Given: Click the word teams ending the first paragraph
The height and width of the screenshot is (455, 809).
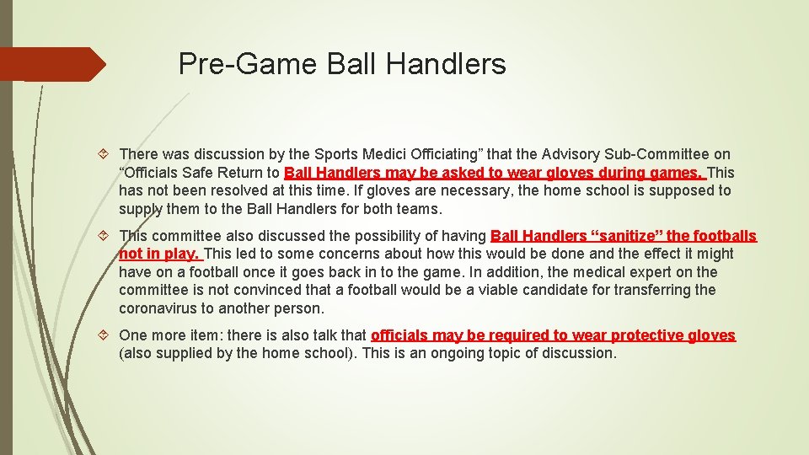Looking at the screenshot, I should pyautogui.click(x=418, y=209).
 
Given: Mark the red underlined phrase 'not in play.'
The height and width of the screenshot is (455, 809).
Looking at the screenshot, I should pyautogui.click(x=159, y=254).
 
